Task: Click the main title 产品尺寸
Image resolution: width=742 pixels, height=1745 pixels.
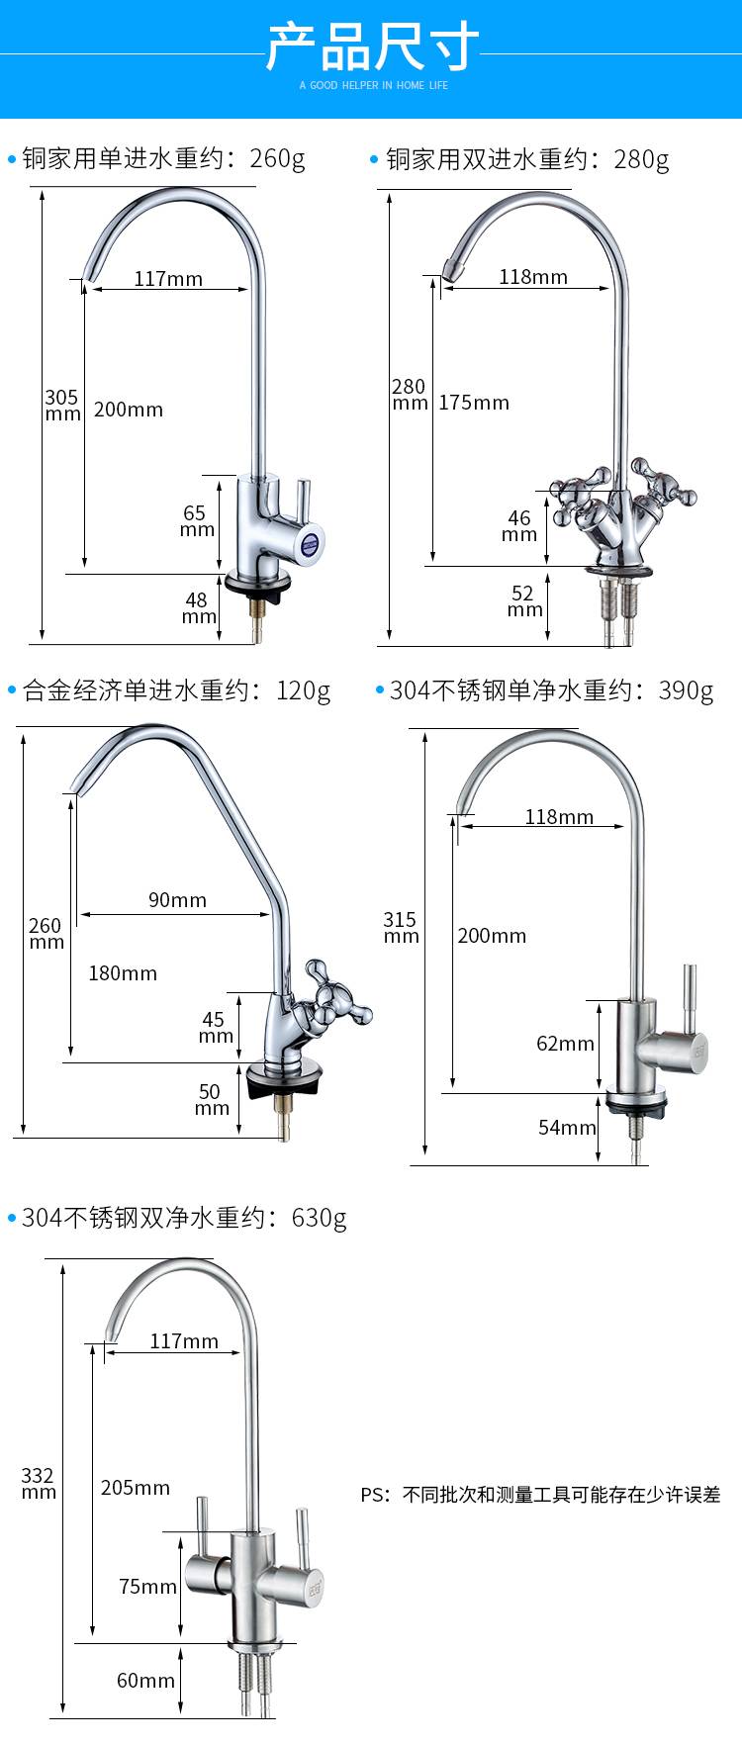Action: click(x=372, y=46)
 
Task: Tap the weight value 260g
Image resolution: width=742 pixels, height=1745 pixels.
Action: click(x=278, y=158)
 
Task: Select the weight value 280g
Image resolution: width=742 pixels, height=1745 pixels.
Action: click(x=641, y=159)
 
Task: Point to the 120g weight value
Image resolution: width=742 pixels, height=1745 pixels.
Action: click(x=304, y=690)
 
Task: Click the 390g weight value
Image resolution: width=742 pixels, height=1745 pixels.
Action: click(x=686, y=690)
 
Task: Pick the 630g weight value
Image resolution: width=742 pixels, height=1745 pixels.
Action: click(x=319, y=1218)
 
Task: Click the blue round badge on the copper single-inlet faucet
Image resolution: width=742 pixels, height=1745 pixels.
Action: click(x=313, y=541)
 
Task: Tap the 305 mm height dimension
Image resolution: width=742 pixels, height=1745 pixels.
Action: click(x=61, y=405)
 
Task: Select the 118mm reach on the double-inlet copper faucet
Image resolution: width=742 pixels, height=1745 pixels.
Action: click(x=533, y=277)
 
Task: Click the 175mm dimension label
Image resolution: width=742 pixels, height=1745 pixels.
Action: click(x=474, y=403)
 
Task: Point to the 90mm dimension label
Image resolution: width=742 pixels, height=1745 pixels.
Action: click(x=177, y=900)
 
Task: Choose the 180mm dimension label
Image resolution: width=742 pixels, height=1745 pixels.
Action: click(x=123, y=973)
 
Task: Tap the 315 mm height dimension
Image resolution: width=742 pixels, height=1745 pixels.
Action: click(x=401, y=928)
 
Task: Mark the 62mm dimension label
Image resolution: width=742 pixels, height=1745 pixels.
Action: click(x=565, y=1044)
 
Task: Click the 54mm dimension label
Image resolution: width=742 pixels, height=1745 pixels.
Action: click(x=567, y=1128)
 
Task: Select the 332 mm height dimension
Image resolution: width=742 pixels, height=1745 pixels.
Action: click(x=39, y=1484)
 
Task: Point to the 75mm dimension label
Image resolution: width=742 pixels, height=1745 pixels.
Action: click(x=147, y=1587)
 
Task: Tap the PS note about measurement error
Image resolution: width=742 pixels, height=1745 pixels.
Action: click(x=540, y=1495)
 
